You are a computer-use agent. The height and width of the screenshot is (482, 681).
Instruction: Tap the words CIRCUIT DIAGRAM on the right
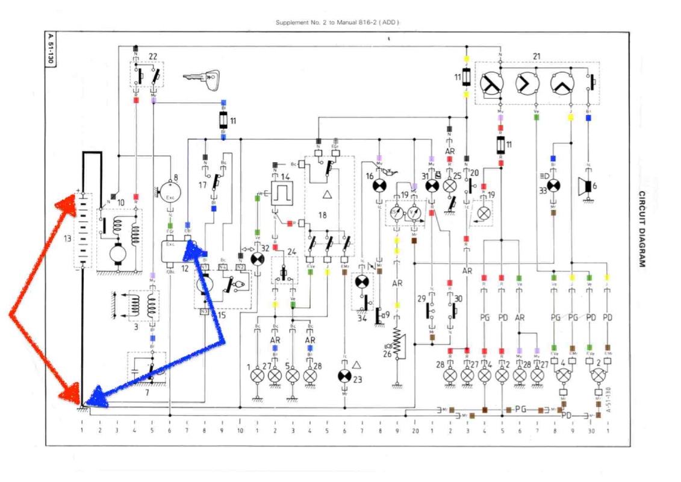[642, 230]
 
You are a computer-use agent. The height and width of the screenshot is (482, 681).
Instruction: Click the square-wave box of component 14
[280, 194]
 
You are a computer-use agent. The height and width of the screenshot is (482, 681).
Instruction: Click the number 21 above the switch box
[536, 57]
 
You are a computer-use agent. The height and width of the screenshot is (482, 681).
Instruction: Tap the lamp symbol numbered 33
[553, 186]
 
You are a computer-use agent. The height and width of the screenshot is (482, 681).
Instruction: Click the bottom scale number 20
[415, 431]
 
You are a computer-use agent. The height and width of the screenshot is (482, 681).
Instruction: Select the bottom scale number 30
[592, 431]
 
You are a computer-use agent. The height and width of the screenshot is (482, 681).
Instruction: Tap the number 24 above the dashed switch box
[291, 252]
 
